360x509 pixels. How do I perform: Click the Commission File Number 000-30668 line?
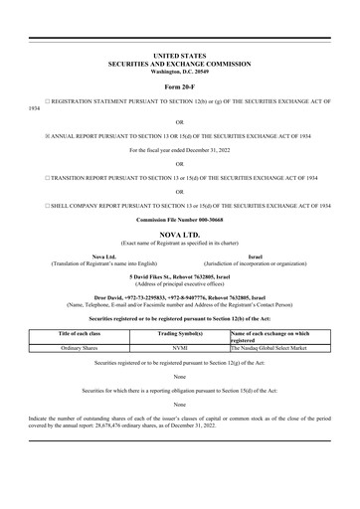[179, 220]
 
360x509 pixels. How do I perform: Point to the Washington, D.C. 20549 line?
[179, 72]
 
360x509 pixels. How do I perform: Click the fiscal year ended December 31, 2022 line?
[179, 150]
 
